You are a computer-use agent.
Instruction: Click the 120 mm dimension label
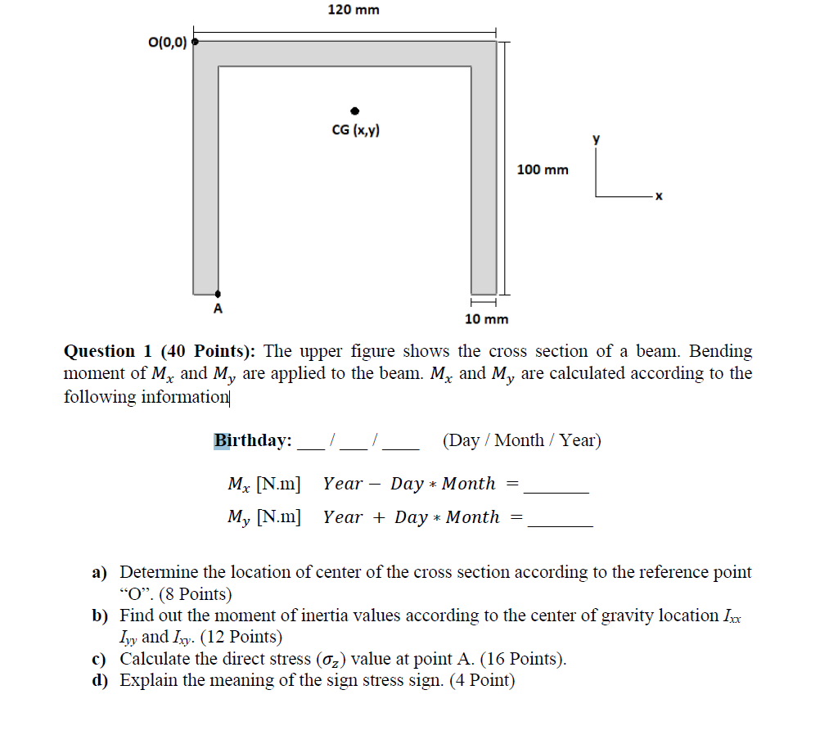(354, 10)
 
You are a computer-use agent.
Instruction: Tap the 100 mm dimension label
(543, 169)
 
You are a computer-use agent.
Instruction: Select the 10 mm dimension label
(486, 319)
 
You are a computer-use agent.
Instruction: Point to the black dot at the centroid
(354, 110)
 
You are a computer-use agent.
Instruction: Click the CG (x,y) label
(355, 130)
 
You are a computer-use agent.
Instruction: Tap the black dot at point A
(218, 294)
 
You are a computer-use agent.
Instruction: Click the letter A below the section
(218, 309)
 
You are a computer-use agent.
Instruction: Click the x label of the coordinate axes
(657, 196)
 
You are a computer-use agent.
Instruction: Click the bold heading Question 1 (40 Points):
(160, 351)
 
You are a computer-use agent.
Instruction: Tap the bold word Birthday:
(253, 440)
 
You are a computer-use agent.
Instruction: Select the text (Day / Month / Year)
(521, 440)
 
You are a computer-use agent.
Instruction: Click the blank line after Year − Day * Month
(556, 490)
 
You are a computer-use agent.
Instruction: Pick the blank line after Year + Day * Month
(560, 524)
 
